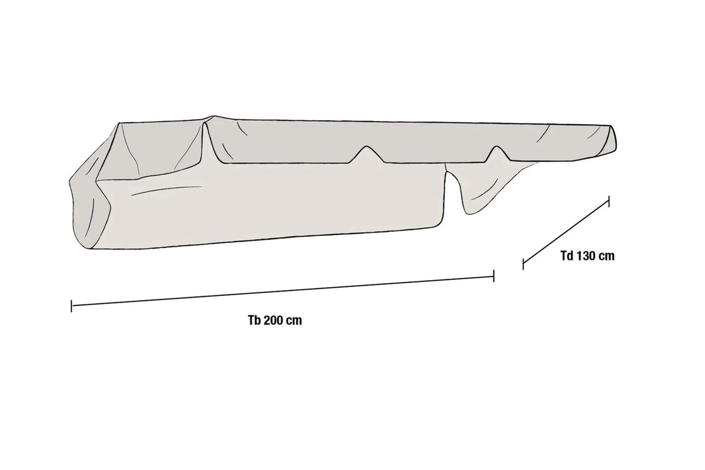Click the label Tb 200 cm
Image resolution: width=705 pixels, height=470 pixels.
275,320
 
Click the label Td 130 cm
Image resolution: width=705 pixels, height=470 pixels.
587,256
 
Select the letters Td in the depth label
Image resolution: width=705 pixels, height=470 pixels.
567,256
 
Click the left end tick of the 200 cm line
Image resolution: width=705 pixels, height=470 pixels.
72,306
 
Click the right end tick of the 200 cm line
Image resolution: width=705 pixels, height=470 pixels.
493,276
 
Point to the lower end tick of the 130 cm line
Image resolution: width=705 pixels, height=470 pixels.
523,264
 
